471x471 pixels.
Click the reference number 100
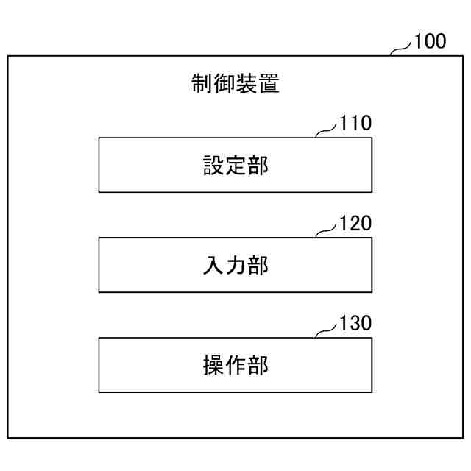[430, 41]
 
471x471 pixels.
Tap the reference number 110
[355, 123]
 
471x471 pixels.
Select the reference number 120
[355, 223]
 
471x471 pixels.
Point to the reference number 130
[355, 323]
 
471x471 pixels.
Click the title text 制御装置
[235, 84]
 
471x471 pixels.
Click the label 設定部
[235, 165]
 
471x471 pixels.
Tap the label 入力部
[235, 265]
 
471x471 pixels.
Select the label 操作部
[235, 365]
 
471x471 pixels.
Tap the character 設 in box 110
[213, 165]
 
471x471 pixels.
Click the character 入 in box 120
[213, 265]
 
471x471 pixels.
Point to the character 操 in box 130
[213, 365]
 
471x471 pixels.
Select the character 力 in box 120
[235, 265]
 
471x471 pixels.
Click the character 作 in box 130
[235, 365]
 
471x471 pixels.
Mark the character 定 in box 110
[235, 165]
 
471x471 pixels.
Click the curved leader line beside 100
[401, 49]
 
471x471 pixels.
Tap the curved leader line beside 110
[327, 131]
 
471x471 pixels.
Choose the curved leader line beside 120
[327, 231]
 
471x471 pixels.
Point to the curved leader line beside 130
[327, 331]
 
